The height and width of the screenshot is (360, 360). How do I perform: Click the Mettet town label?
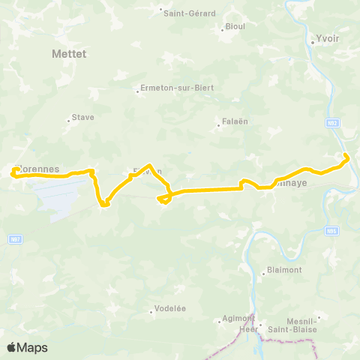tap(70, 54)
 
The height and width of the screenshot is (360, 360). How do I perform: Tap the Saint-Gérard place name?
tap(190, 13)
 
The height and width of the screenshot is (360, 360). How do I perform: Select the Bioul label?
tap(235, 26)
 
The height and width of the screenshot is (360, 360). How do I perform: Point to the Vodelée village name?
tap(169, 310)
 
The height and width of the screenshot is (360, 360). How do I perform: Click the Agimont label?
tap(238, 318)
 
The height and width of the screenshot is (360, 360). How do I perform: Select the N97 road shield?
tap(15, 238)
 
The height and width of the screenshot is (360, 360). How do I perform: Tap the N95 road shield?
tap(332, 232)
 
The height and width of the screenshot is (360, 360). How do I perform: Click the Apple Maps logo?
tap(28, 347)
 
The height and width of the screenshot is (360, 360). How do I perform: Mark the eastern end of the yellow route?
tap(346, 156)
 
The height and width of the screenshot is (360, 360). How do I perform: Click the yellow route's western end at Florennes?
tap(13, 174)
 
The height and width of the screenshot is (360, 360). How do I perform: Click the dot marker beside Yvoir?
tap(312, 42)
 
